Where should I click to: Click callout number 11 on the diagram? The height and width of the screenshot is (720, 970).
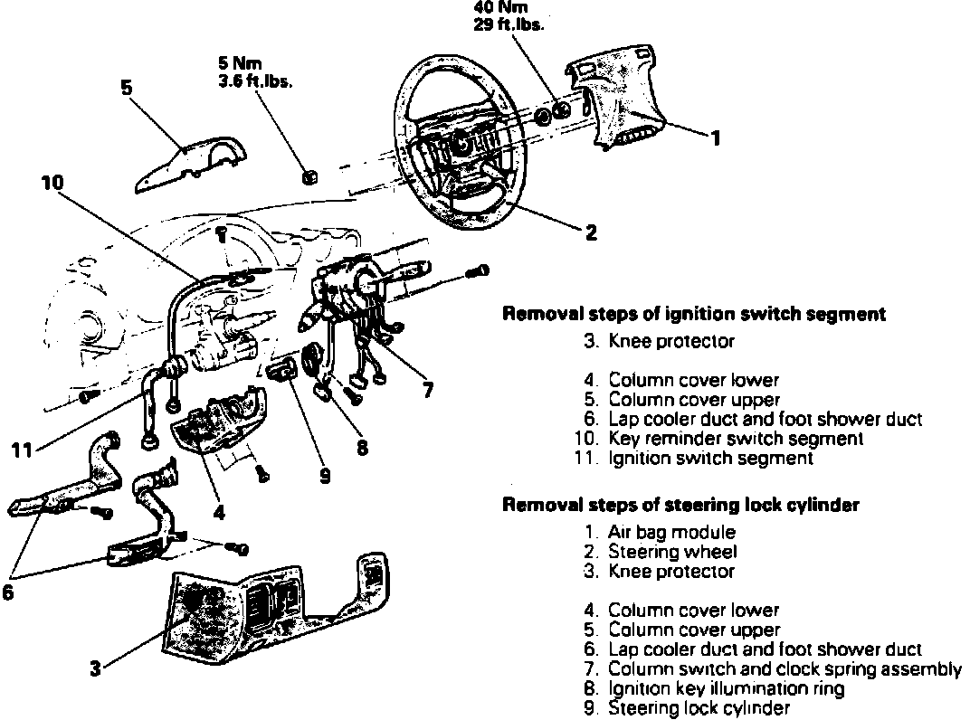click(24, 446)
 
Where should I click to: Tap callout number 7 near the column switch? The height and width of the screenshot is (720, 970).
click(427, 391)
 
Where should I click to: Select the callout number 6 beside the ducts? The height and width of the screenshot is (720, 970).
click(8, 597)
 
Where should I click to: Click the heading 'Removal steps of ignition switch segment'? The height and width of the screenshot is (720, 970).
click(693, 315)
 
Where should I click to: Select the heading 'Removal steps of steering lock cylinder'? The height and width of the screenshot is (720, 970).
click(680, 505)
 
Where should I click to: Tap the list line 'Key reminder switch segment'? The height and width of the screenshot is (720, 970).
click(735, 439)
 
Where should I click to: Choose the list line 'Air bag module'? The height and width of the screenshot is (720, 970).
click(671, 533)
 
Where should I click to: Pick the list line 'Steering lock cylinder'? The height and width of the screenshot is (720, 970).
click(699, 708)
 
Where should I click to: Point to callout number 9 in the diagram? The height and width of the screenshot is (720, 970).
click(325, 475)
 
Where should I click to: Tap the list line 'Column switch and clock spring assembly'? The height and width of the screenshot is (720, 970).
click(784, 669)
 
